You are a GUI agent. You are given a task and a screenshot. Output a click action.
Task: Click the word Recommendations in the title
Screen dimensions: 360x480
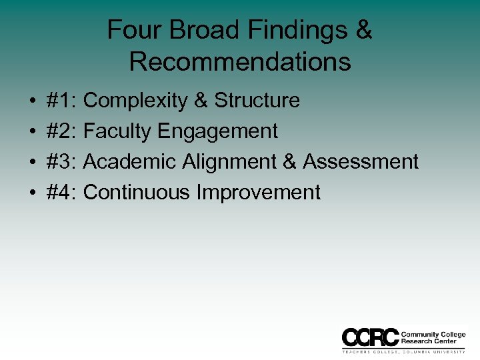(240, 61)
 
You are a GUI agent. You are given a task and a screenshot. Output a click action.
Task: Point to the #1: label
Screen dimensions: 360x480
(62, 101)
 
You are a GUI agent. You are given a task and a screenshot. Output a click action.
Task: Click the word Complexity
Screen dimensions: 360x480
(135, 101)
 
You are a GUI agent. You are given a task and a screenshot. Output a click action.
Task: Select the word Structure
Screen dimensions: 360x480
(257, 101)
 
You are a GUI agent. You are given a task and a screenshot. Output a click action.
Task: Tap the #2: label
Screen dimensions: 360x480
(62, 131)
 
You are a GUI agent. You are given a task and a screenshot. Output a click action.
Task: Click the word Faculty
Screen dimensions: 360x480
(117, 131)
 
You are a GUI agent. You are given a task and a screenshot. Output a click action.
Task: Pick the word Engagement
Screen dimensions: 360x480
(217, 131)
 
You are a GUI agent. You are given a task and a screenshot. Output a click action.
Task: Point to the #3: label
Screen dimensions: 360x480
(62, 162)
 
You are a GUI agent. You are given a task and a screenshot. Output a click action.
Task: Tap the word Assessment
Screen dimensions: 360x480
(361, 162)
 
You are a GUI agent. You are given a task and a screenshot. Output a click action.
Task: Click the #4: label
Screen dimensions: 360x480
(62, 193)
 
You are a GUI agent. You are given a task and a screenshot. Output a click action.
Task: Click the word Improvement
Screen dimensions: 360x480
(259, 193)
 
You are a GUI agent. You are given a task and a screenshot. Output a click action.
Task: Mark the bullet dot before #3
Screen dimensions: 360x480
(32, 163)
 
